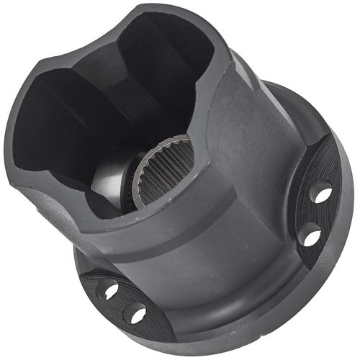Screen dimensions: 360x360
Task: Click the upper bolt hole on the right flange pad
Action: coord(320,193)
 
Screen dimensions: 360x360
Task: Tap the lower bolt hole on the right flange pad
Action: coord(310,234)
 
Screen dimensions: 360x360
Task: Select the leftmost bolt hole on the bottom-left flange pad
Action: coord(107,289)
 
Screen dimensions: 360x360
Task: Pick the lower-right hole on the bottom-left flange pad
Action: coord(135,313)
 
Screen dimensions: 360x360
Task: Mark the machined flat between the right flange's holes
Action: coord(317,214)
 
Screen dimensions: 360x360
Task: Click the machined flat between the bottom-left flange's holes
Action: coord(119,302)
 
